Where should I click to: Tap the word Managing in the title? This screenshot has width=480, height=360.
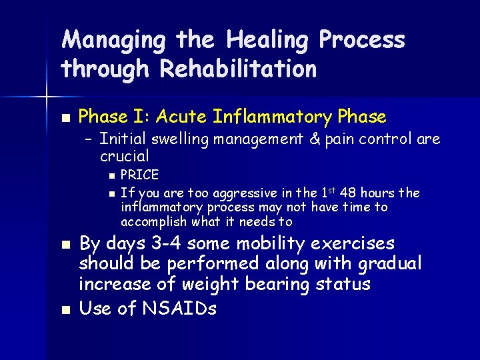[x=113, y=41]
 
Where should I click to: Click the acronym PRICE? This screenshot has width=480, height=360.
[x=139, y=175]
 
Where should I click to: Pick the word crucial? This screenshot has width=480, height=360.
[x=124, y=157]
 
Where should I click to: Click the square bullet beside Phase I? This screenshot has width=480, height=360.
[x=64, y=118]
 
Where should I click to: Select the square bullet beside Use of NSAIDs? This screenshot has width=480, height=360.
[x=64, y=309]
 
